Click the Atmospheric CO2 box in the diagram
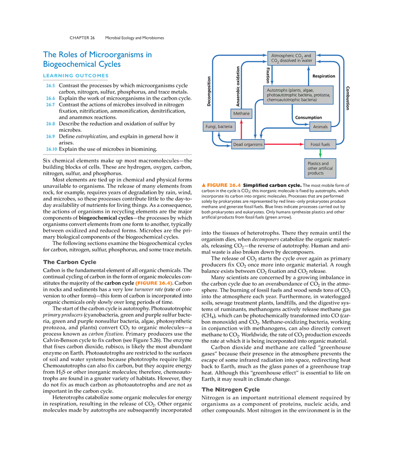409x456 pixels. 291,58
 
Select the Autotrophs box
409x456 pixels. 298,94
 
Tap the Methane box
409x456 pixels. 242,114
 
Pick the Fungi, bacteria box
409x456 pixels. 218,126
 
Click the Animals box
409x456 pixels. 320,127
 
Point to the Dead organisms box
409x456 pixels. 248,144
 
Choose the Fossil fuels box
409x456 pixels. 320,144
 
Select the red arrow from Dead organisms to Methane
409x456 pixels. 241,129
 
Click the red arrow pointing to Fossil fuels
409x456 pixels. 284,145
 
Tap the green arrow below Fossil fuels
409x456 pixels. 320,154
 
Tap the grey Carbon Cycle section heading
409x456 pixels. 71,263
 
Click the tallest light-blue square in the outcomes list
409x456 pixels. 50,101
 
